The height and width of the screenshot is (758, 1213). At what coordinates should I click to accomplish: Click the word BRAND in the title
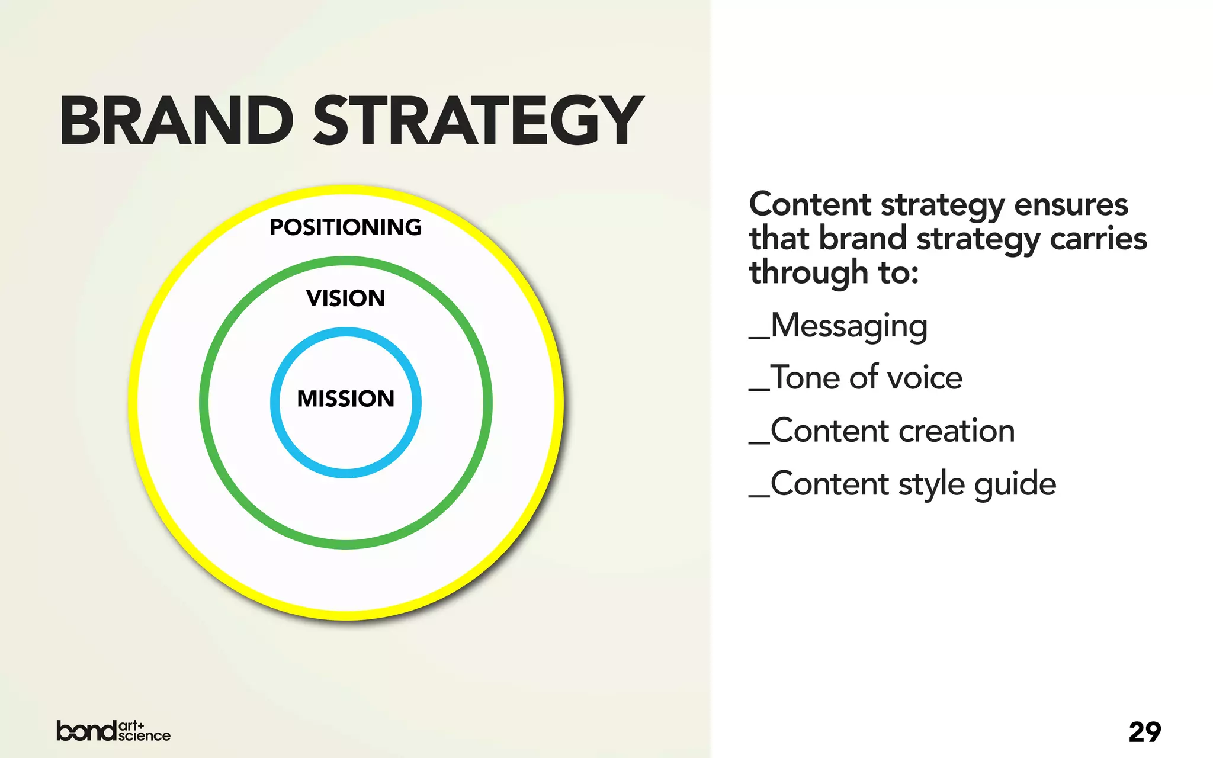tap(177, 121)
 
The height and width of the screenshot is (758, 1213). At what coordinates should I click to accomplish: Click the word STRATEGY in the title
tap(477, 121)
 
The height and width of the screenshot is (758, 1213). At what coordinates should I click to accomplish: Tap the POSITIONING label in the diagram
tap(345, 227)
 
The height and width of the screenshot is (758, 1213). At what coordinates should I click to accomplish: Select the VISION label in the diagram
tap(345, 298)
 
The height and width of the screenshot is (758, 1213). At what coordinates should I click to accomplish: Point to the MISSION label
tap(345, 399)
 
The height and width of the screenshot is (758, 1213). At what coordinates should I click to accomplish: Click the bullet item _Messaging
tap(838, 326)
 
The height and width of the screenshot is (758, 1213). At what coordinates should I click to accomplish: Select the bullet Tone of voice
tap(856, 378)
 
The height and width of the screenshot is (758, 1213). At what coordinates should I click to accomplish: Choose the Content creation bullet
tap(882, 431)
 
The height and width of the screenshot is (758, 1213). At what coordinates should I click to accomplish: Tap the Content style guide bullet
tap(902, 484)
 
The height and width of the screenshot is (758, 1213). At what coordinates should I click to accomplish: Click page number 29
tap(1144, 733)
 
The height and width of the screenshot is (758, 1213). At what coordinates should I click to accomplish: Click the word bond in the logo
tap(86, 731)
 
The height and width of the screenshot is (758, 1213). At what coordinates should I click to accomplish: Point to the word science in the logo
tap(144, 736)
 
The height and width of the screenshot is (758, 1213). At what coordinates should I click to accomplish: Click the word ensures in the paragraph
tap(1071, 205)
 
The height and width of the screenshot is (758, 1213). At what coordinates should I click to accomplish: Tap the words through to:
tap(834, 273)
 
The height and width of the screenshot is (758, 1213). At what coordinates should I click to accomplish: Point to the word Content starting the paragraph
tap(810, 205)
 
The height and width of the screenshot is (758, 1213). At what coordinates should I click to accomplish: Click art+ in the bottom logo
tap(131, 725)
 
